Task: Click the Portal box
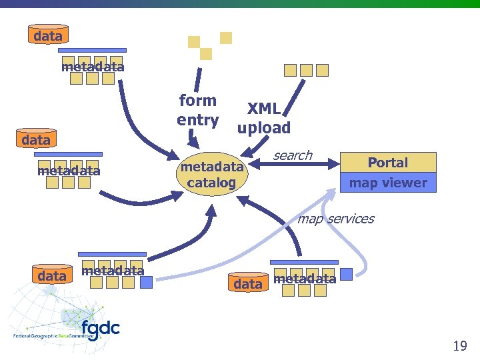pyautogui.click(x=388, y=163)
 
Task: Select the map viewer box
pyautogui.click(x=388, y=183)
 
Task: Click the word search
pyautogui.click(x=293, y=155)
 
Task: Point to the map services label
pyautogui.click(x=336, y=219)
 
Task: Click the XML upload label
pyautogui.click(x=264, y=118)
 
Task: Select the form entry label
pyautogui.click(x=198, y=110)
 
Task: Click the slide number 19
pyautogui.click(x=459, y=345)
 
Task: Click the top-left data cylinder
pyautogui.click(x=47, y=35)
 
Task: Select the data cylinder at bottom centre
pyautogui.click(x=248, y=283)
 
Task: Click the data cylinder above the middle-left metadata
pyautogui.click(x=36, y=140)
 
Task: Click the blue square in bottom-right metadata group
pyautogui.click(x=347, y=275)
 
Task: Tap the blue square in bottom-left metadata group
pyautogui.click(x=146, y=282)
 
